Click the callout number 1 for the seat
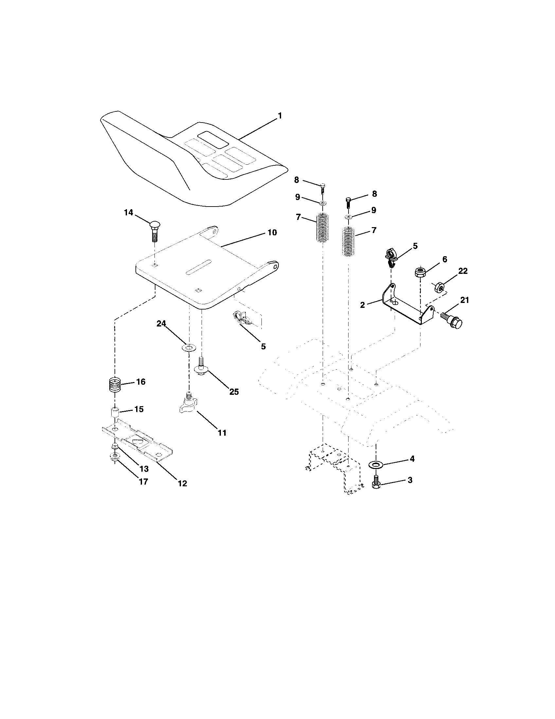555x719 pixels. coord(279,116)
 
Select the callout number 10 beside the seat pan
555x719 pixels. coord(272,233)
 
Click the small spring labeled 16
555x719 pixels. coord(115,384)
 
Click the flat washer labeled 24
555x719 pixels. coord(189,347)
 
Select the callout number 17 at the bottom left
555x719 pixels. coord(143,482)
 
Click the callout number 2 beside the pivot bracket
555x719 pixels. coord(363,305)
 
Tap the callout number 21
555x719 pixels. coord(464,300)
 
